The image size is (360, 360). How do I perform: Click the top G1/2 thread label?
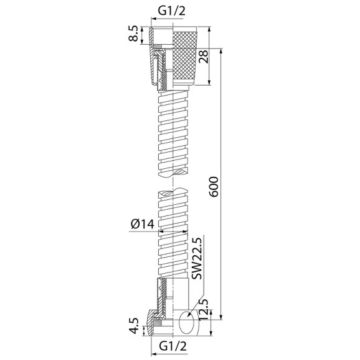pos(171,11)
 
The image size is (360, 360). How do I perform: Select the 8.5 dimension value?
pos(133,34)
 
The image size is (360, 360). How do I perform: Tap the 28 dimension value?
pos(204,56)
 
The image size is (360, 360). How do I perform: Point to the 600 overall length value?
pos(214,187)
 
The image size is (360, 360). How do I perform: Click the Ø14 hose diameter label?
pos(143,224)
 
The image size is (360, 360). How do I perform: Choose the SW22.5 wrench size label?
pos(197,259)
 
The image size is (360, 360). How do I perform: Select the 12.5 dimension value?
pos(204,310)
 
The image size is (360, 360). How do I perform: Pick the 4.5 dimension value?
pos(133,326)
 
